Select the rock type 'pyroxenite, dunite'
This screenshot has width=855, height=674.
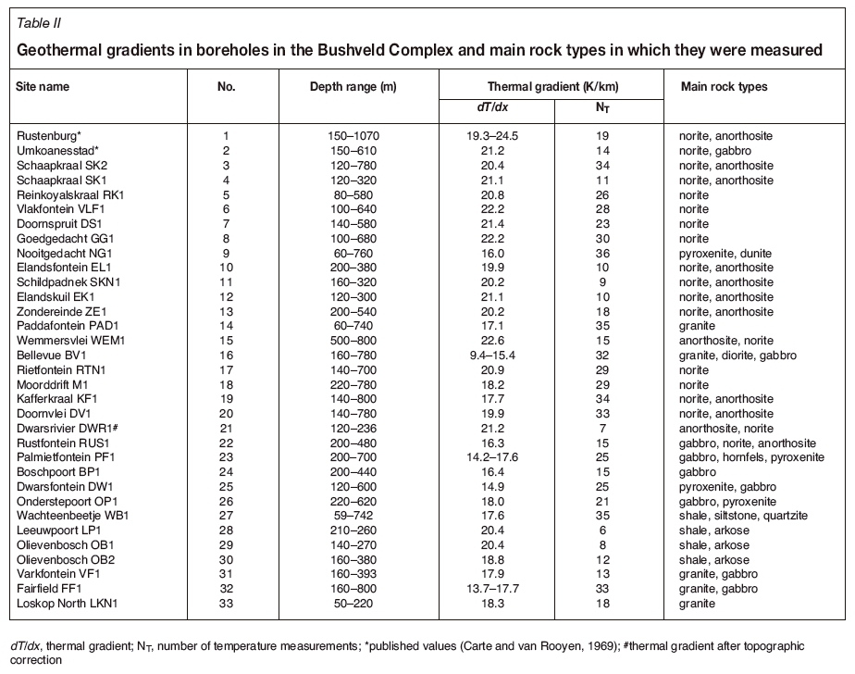click(x=729, y=253)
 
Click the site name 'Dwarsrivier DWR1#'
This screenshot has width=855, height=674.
click(x=68, y=429)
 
